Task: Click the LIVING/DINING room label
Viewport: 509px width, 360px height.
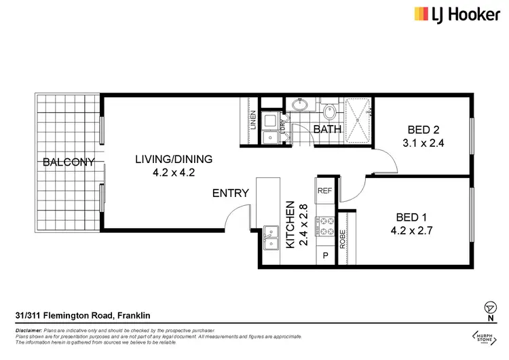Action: (174, 160)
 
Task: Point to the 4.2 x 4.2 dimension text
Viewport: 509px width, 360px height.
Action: (174, 173)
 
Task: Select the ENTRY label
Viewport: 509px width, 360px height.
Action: (230, 193)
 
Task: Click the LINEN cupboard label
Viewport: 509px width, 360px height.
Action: (253, 121)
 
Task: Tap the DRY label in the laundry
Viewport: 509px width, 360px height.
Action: (283, 123)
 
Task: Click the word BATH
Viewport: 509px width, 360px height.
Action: (326, 129)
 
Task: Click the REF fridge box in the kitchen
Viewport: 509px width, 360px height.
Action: (324, 191)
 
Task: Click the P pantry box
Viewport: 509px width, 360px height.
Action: (325, 256)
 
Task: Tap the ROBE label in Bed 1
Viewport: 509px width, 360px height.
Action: (342, 237)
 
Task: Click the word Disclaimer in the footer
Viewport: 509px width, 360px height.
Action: (28, 329)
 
